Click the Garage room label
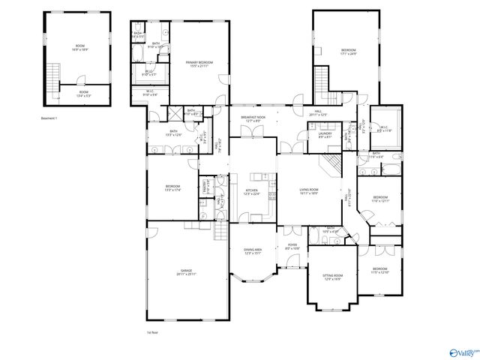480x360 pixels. (x=186, y=272)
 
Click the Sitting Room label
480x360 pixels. (x=332, y=277)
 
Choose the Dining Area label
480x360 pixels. (x=253, y=251)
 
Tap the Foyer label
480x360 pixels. (x=291, y=246)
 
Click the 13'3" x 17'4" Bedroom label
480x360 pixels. (x=172, y=187)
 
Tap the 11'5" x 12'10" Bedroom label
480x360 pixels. (x=380, y=270)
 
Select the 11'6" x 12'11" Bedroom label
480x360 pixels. (x=381, y=199)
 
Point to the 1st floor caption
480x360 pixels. (x=152, y=331)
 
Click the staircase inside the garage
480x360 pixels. (x=220, y=232)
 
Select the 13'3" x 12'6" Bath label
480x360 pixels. (x=172, y=133)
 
